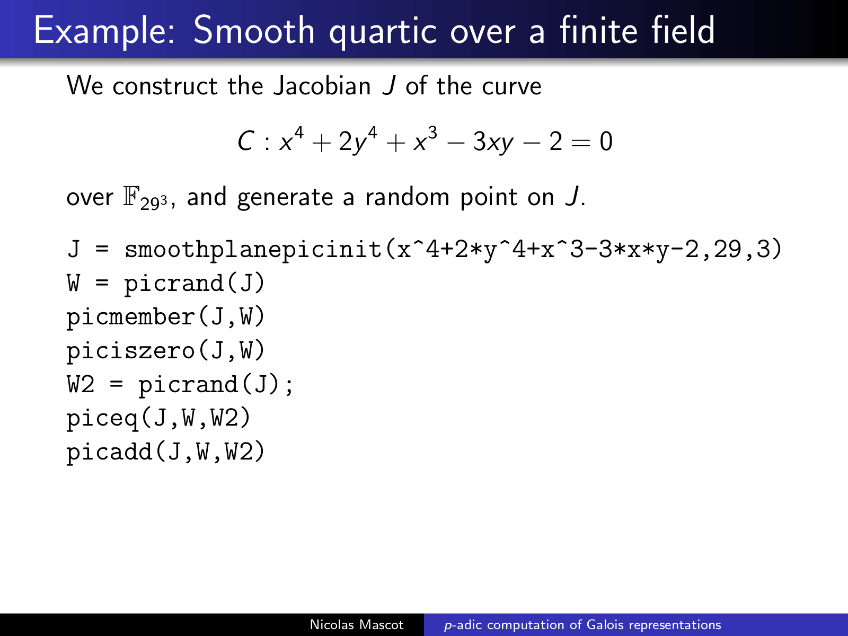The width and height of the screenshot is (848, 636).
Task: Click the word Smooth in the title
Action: pyautogui.click(x=254, y=30)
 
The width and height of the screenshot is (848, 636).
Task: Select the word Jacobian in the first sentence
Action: pyautogui.click(x=322, y=85)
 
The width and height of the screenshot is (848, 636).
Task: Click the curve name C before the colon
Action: pyautogui.click(x=246, y=142)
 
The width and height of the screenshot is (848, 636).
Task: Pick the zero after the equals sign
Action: pyautogui.click(x=606, y=142)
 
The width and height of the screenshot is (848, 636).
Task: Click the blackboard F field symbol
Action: pyautogui.click(x=131, y=197)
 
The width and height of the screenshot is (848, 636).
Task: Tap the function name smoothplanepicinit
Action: pyautogui.click(x=253, y=250)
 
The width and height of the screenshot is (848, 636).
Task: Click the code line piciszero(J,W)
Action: pyautogui.click(x=165, y=351)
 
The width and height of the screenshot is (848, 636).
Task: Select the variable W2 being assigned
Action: pyautogui.click(x=81, y=385)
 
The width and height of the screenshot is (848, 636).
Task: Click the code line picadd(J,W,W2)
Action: pyautogui.click(x=165, y=452)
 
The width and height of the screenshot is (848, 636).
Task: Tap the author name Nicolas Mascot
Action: pyautogui.click(x=357, y=625)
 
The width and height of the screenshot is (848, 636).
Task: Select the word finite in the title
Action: pyautogui.click(x=598, y=30)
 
